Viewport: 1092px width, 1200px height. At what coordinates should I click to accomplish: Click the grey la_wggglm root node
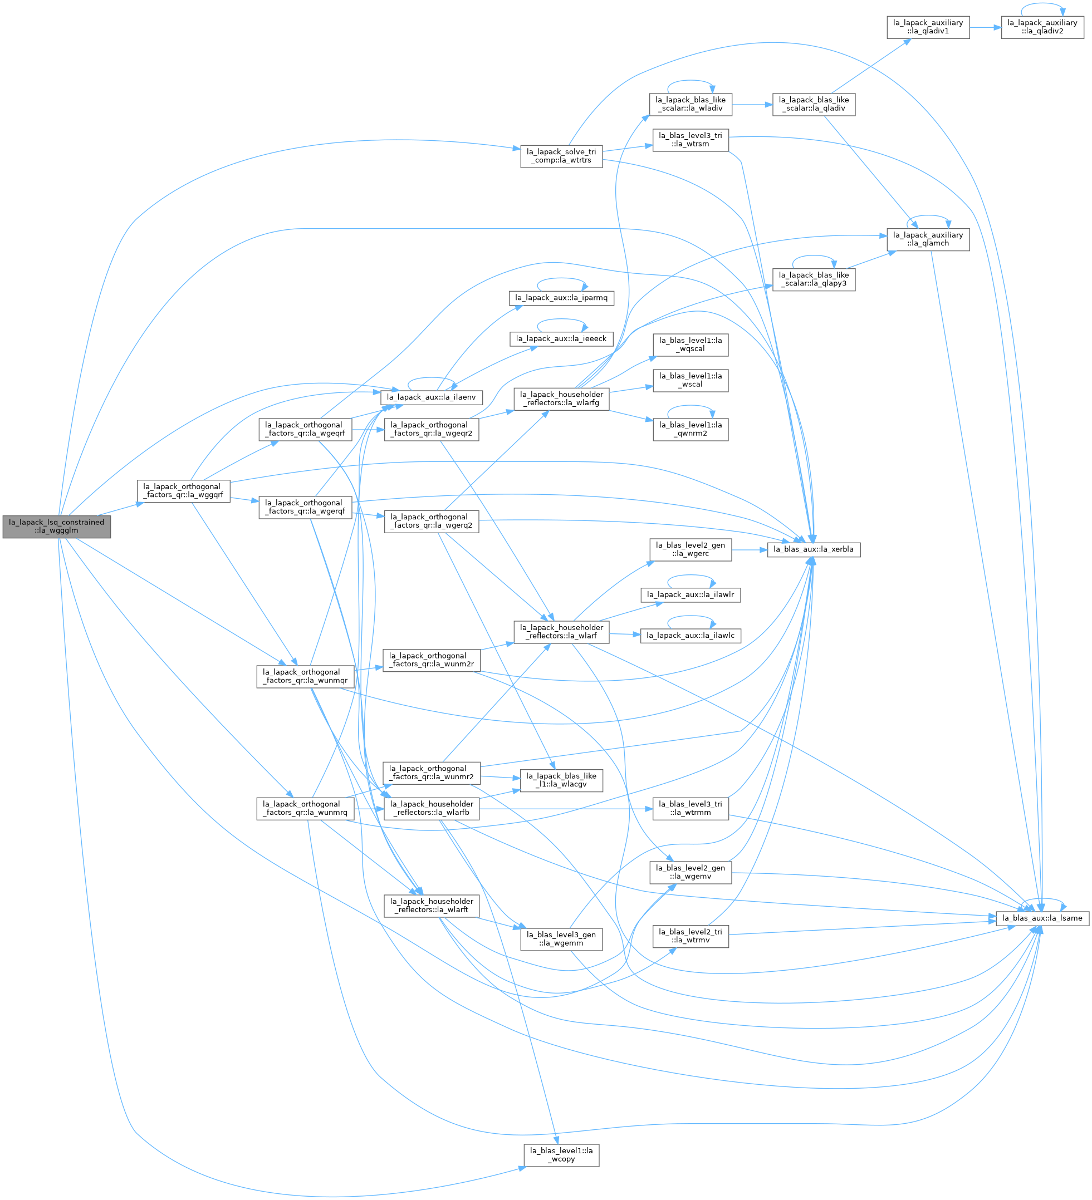tap(57, 527)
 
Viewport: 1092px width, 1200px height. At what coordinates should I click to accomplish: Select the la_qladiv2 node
tap(1042, 27)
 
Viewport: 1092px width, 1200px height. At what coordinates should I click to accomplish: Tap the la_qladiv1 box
tap(928, 27)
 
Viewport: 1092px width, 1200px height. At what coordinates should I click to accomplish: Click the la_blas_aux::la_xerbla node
tap(814, 549)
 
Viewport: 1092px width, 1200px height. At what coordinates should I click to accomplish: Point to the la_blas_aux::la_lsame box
tap(1042, 918)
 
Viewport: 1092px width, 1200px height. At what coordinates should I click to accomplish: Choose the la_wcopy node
tap(561, 1155)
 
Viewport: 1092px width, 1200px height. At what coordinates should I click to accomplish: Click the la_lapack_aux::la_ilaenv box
tap(432, 397)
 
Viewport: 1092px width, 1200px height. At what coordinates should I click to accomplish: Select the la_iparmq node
tap(561, 298)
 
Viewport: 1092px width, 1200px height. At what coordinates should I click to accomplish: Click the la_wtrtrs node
tap(561, 156)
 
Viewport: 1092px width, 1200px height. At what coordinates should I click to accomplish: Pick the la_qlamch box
tap(928, 239)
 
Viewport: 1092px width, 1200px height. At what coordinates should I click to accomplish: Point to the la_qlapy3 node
tap(814, 280)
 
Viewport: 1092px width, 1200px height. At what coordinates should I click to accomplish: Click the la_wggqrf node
tap(184, 491)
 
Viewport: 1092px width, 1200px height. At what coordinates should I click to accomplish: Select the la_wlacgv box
tap(561, 780)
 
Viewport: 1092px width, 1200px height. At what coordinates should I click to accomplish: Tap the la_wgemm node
tap(561, 940)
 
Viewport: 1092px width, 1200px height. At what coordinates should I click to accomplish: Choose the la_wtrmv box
tap(691, 936)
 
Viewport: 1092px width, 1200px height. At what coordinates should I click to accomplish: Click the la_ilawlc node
tap(691, 636)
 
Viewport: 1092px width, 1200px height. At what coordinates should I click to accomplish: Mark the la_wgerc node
tap(691, 549)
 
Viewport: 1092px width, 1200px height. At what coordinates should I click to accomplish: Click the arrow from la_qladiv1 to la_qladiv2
tap(986, 27)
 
